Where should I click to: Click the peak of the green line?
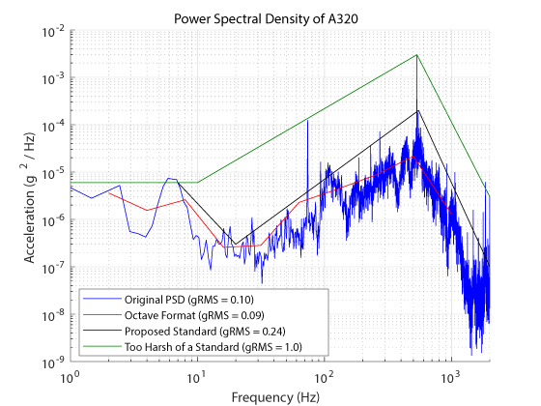tap(417, 55)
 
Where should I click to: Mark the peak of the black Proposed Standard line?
tap(417, 110)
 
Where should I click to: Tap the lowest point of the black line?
tap(234, 244)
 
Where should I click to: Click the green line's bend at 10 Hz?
tap(196, 182)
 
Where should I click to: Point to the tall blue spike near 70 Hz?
tap(307, 120)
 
